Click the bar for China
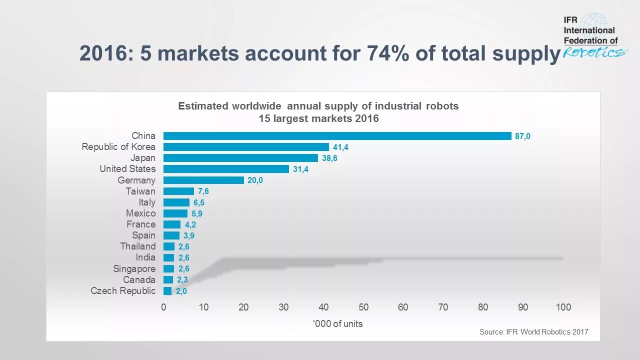click(337, 136)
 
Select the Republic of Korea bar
click(246, 147)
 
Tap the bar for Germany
click(203, 180)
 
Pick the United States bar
click(226, 169)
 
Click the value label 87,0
click(522, 136)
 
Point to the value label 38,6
click(330, 158)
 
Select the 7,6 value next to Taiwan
click(203, 191)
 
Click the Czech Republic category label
click(123, 291)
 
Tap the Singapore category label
click(134, 269)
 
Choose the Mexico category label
click(140, 213)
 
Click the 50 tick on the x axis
click(363, 307)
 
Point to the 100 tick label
click(563, 307)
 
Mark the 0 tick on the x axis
click(163, 307)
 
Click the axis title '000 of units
click(338, 324)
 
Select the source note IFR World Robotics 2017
click(534, 332)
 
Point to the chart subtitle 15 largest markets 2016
click(318, 119)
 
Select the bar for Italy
click(176, 202)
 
